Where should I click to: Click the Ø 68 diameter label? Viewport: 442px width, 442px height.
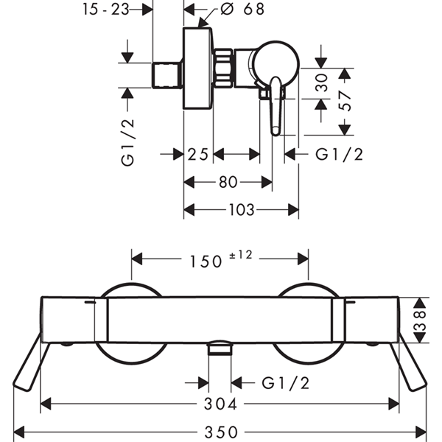242,9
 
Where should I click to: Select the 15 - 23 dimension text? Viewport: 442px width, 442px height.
106,10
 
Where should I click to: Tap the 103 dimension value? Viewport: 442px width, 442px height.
242,210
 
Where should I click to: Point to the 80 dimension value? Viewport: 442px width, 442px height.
228,183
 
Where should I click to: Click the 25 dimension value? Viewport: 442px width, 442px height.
198,155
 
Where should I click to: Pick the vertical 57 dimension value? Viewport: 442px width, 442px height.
345,101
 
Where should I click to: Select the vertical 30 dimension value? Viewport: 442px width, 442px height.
322,83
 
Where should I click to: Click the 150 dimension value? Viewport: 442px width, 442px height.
206,262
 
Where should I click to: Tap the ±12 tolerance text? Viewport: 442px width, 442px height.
241,255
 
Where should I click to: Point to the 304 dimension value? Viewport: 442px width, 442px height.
220,404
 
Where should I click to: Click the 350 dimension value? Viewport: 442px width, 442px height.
221,432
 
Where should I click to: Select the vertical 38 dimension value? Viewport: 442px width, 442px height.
420,320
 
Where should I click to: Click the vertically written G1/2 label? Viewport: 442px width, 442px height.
127,143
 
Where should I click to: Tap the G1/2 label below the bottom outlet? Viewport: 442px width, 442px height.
286,383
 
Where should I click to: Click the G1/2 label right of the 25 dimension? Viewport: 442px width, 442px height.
339,155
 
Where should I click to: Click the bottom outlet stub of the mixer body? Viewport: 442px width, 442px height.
220,348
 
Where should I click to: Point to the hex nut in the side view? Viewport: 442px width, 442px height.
223,69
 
